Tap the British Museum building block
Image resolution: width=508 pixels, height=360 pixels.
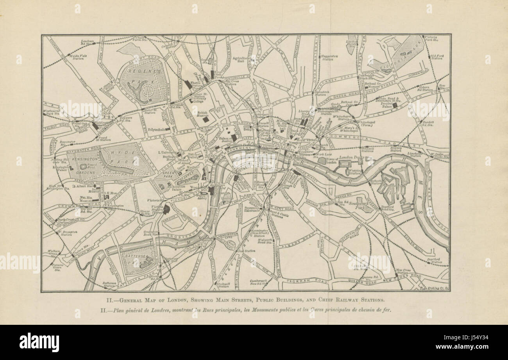(206, 120)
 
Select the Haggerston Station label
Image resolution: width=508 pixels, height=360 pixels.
(330, 57)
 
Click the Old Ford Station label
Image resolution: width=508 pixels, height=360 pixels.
(436, 57)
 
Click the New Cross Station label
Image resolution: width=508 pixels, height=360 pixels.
(403, 272)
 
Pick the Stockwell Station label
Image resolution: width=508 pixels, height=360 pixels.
(224, 285)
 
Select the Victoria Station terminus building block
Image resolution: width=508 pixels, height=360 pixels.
(166, 209)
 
